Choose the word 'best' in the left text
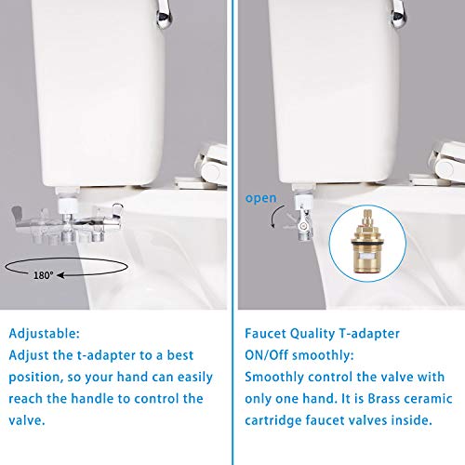pos(187,355)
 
